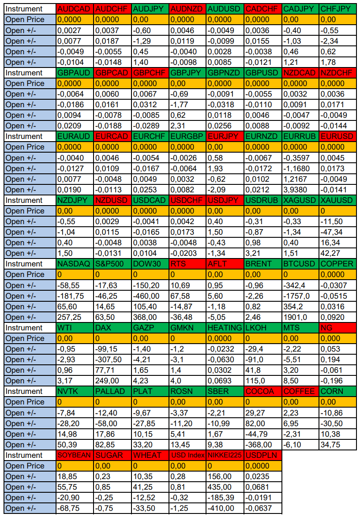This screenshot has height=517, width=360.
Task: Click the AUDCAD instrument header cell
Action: pos(75,9)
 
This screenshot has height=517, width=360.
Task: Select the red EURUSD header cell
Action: pos(337,136)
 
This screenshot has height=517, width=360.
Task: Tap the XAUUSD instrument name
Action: pos(337,200)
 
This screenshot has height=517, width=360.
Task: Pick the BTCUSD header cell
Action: pos(300,264)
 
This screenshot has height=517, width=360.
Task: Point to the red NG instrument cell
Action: pos(337,328)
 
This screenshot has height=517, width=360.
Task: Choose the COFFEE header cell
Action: pos(300,391)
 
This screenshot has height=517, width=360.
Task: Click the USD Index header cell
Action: pos(187,455)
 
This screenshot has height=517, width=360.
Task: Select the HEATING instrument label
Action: pos(225,328)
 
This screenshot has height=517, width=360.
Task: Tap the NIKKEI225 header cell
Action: pos(225,455)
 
